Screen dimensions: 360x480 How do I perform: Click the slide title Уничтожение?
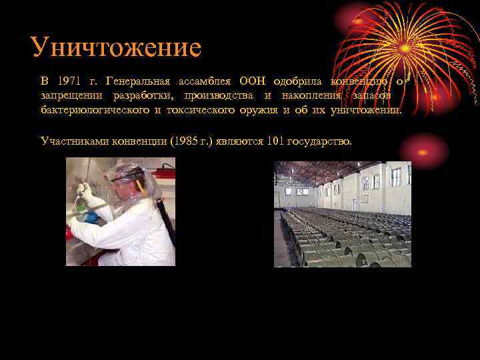tap(115, 47)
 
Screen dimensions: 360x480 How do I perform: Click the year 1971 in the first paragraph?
tap(69, 81)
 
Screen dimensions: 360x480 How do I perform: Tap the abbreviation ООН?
tap(251, 81)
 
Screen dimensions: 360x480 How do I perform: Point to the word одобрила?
tap(296, 81)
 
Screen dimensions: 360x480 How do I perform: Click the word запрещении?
tap(69, 95)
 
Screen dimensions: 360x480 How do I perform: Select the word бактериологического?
tap(95, 109)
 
